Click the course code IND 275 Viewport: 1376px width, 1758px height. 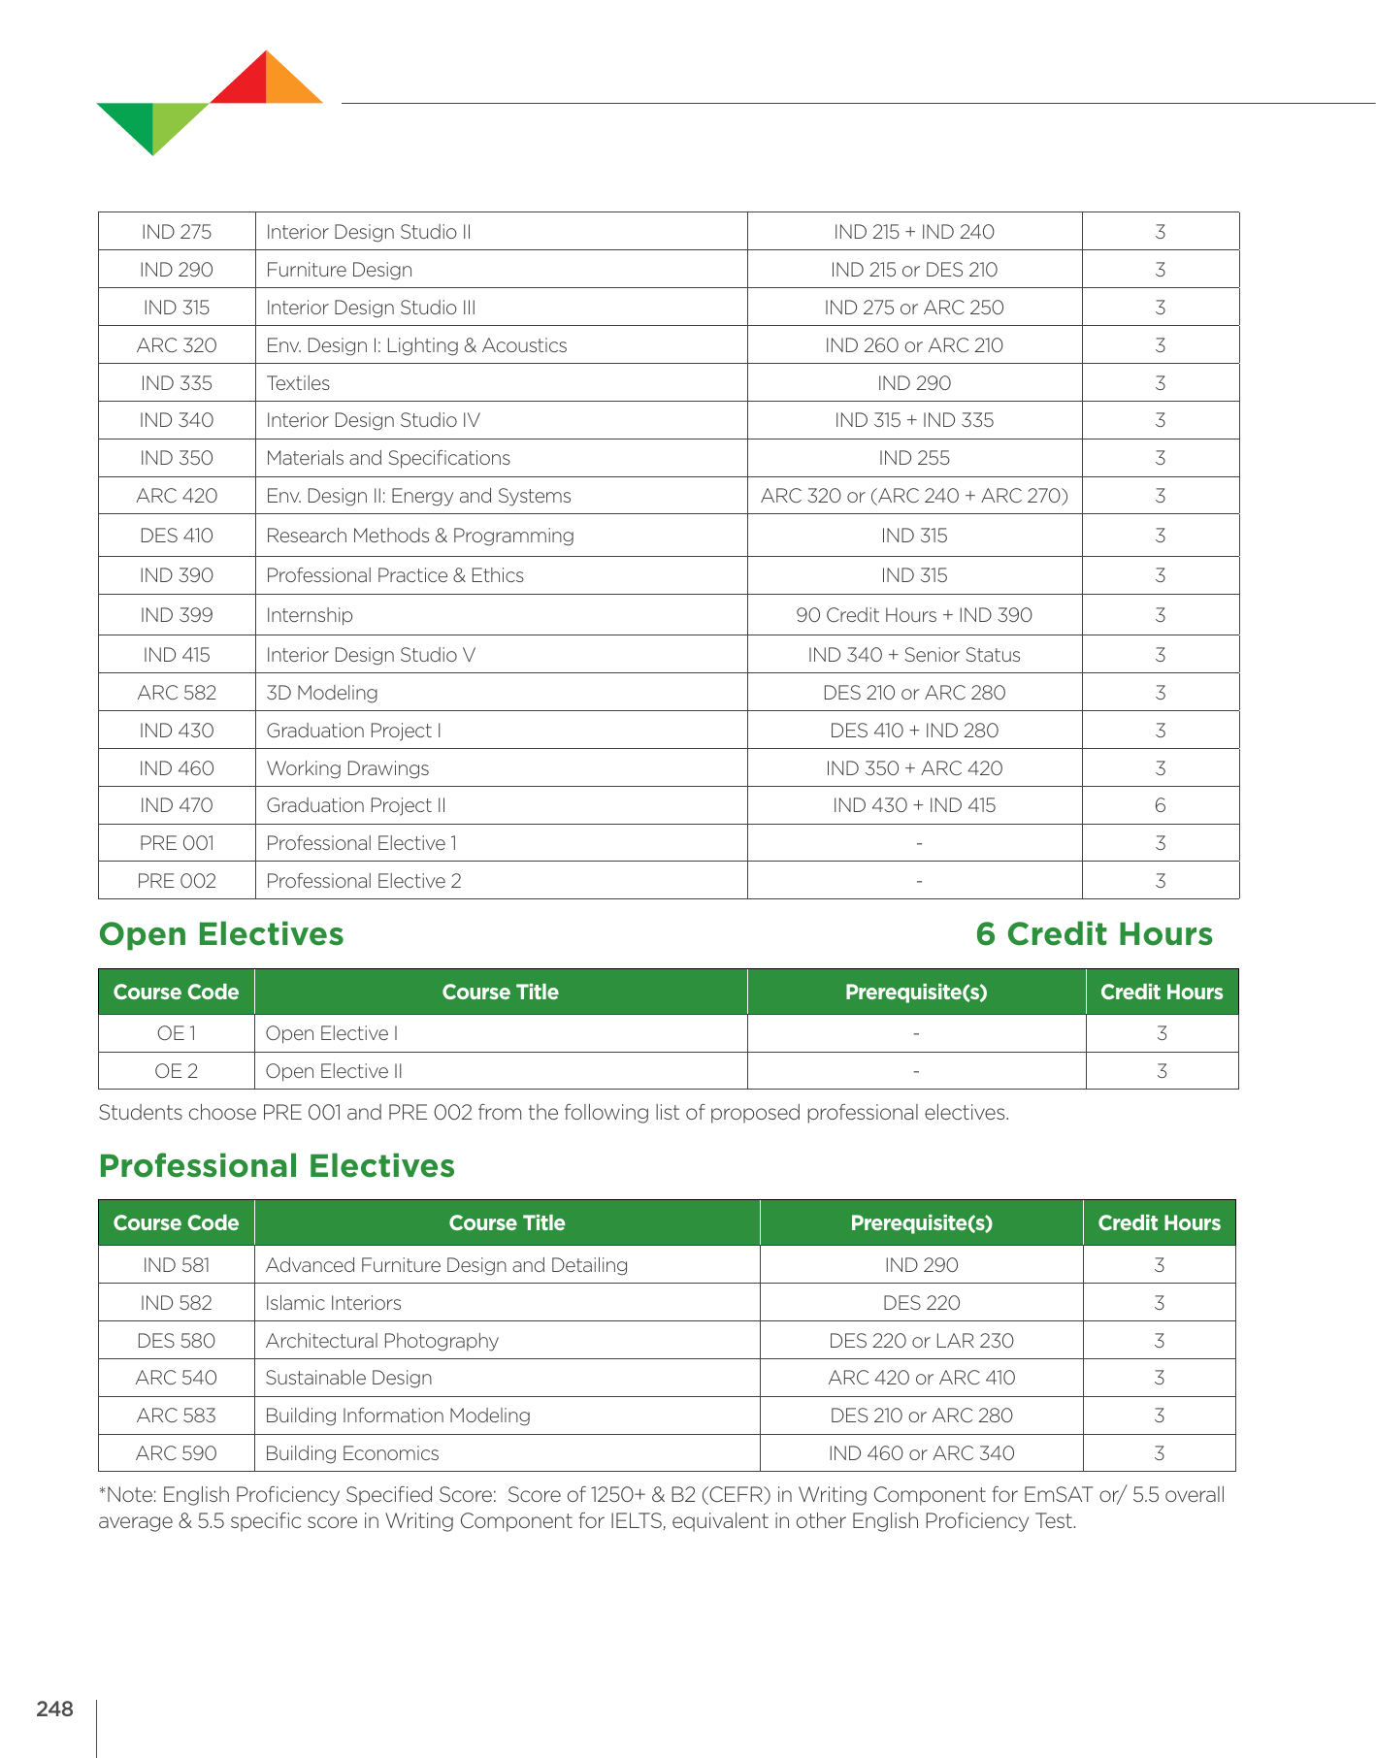[177, 232]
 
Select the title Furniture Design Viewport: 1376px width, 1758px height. [340, 270]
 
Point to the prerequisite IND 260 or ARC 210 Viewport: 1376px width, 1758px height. [914, 345]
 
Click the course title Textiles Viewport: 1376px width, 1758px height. [298, 383]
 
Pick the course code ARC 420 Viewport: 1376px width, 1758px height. [177, 496]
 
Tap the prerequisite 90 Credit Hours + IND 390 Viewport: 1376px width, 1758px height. [914, 615]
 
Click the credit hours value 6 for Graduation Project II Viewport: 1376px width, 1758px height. [1160, 805]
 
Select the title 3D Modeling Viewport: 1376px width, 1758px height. [322, 693]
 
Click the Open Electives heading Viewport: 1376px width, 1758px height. [221, 933]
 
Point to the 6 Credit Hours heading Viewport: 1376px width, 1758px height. [1094, 933]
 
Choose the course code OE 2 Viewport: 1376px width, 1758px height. [177, 1071]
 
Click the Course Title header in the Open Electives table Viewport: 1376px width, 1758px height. [500, 992]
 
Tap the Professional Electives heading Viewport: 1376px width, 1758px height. [277, 1165]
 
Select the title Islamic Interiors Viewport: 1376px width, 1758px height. [333, 1303]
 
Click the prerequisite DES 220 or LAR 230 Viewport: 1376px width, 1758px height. [921, 1341]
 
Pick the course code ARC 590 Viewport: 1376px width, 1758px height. [177, 1453]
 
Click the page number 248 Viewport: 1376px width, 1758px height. [54, 1709]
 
